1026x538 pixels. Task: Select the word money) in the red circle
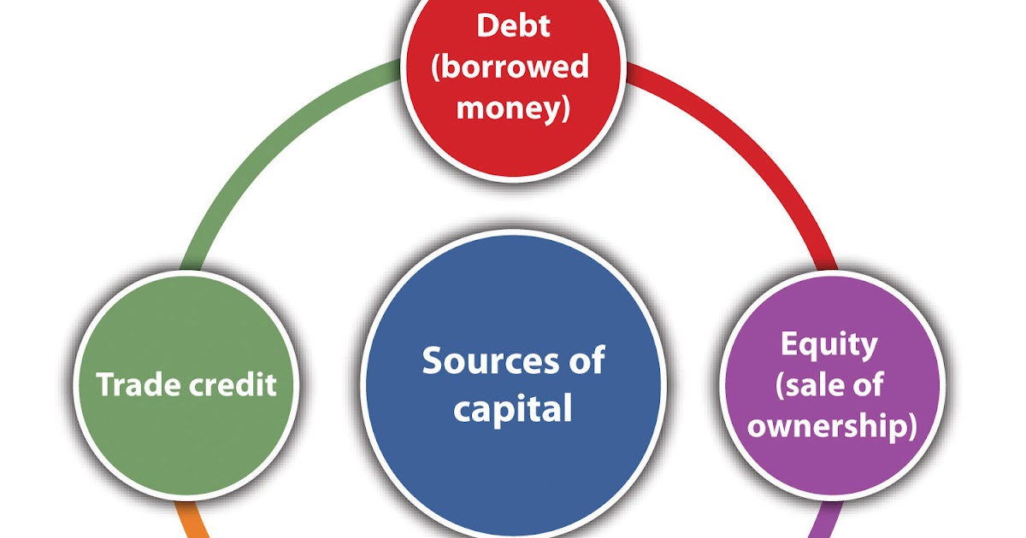513,108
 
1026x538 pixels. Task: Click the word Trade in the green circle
137,384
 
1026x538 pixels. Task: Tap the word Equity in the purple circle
828,344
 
